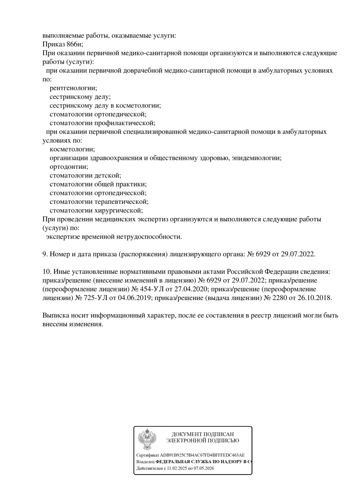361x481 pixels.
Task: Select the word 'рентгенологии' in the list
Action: click(73, 88)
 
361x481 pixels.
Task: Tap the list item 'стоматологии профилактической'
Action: click(102, 123)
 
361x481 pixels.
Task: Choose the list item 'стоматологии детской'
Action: click(85, 176)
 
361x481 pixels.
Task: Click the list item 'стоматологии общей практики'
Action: click(98, 184)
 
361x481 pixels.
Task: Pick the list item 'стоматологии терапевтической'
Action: click(99, 202)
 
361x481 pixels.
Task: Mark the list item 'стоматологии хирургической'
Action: click(96, 210)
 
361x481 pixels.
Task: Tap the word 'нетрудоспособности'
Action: click(149, 237)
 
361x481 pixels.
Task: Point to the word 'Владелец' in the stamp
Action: click(146, 462)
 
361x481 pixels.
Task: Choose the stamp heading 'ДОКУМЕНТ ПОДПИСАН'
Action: click(203, 434)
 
